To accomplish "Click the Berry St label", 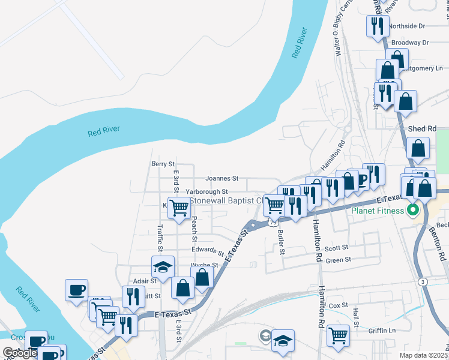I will click(x=163, y=163).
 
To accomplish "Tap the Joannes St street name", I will click(x=221, y=178).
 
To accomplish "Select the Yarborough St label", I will click(x=206, y=191).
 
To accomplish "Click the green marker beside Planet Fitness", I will click(x=413, y=211).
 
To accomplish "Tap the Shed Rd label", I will click(x=421, y=129).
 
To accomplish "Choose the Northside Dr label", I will click(x=406, y=26).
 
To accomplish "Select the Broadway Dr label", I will click(x=409, y=43).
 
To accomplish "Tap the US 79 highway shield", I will click(x=274, y=222).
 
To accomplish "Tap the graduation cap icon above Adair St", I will click(x=163, y=266).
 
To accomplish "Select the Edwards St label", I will click(x=208, y=250).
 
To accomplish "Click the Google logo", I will click(x=20, y=353).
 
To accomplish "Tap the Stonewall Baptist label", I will click(x=226, y=200).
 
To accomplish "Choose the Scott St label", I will click(x=336, y=248).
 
